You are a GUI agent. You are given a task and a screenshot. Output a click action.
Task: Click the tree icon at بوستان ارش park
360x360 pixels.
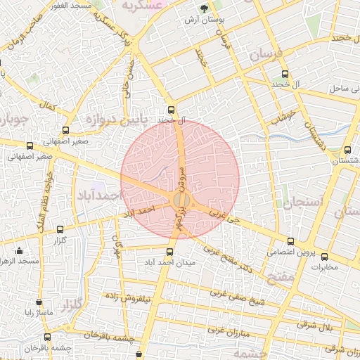204,10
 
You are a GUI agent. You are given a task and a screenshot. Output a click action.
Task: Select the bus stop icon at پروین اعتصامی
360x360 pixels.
290,241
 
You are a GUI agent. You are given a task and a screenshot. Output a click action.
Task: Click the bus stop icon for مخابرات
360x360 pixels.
324,257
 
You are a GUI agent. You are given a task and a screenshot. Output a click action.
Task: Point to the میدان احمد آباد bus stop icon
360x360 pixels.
169,252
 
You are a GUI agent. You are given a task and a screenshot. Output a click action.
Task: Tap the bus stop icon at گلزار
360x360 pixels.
59,229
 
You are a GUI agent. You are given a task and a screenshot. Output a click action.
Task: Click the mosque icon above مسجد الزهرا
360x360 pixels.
19,251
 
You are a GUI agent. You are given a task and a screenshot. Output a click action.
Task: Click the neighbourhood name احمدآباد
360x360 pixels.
98,193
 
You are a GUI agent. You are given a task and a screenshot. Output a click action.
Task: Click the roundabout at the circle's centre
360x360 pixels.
180,200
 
